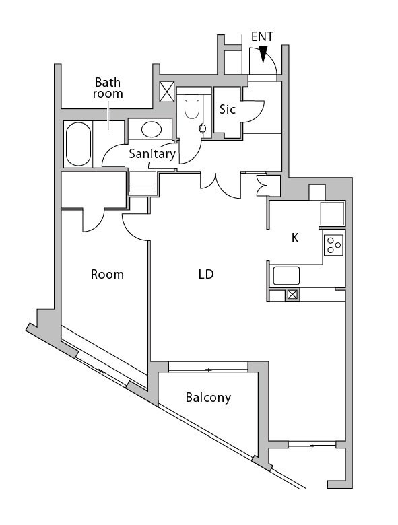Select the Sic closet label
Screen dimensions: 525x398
(228, 109)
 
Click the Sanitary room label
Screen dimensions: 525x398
(152, 153)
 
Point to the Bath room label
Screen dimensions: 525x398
(108, 88)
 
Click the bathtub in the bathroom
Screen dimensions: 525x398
(79, 143)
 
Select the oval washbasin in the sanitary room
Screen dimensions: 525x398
(151, 128)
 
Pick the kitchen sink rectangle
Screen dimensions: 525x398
(286, 275)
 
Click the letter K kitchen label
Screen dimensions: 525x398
(294, 238)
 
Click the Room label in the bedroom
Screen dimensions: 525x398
(108, 275)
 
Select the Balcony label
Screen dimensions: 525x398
(208, 398)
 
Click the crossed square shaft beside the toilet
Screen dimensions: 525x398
(166, 92)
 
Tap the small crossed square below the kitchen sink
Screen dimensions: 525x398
(292, 294)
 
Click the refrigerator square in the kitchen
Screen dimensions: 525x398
(333, 213)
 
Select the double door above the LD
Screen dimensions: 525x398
(218, 185)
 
